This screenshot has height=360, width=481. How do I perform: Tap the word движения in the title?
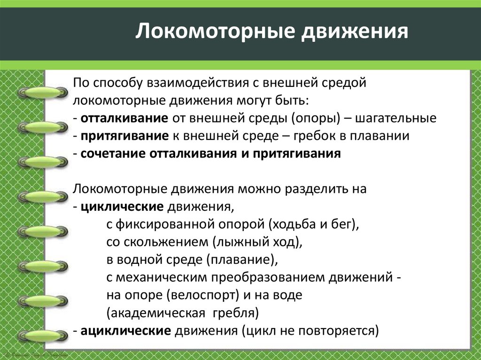pos(355,32)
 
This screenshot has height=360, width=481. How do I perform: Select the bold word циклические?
pos(122,206)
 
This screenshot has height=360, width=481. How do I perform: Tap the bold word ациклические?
pos(125,330)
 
